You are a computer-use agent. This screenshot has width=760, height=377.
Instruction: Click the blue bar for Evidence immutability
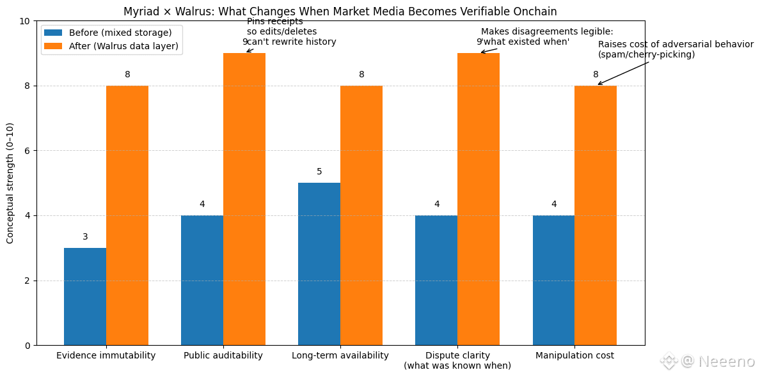pyautogui.click(x=85, y=296)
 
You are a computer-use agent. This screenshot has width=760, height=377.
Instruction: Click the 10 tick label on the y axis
pyautogui.click(x=25, y=21)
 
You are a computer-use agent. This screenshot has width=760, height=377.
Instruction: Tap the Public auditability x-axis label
pyautogui.click(x=223, y=355)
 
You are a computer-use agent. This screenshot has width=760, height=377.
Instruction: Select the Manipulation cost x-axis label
pyautogui.click(x=574, y=355)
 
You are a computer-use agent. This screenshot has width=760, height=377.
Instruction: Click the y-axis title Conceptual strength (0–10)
pyautogui.click(x=10, y=183)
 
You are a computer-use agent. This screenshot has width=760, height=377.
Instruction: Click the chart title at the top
pyautogui.click(x=340, y=12)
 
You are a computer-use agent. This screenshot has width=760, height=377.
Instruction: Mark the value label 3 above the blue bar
pyautogui.click(x=85, y=237)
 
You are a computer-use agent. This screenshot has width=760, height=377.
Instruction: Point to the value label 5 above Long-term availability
pyautogui.click(x=319, y=172)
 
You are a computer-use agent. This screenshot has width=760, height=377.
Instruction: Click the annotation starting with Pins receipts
pyautogui.click(x=291, y=31)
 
